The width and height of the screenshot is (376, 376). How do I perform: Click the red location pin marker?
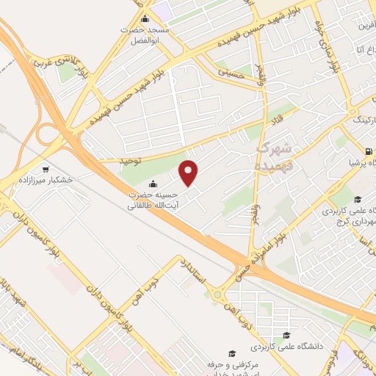[x=189, y=173]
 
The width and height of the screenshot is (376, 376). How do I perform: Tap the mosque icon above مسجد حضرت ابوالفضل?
[x=145, y=19]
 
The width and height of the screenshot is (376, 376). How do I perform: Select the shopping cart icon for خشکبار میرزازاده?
[x=46, y=168]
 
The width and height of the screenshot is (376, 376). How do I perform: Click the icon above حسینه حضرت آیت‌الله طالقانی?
[x=153, y=184]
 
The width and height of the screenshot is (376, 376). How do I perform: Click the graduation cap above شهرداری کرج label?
[x=357, y=200]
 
